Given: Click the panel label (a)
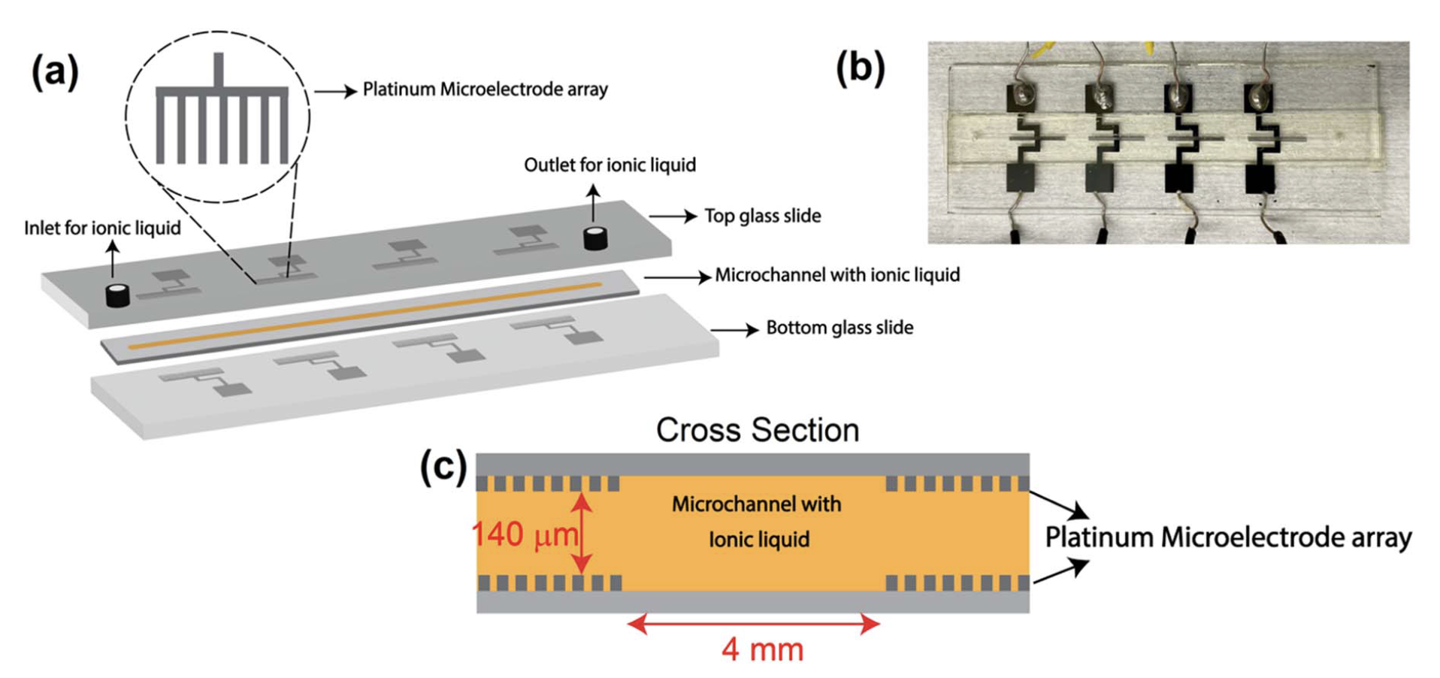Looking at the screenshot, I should (x=54, y=73).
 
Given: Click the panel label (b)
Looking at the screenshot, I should (x=861, y=68).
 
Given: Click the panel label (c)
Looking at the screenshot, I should (x=443, y=467).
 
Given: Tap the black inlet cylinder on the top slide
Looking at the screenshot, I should (x=117, y=295).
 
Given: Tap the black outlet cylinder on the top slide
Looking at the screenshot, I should (x=595, y=238).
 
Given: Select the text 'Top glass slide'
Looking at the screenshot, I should (x=762, y=216).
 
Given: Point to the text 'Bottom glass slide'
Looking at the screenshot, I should (x=839, y=328).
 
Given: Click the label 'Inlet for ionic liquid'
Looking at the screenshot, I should (x=102, y=229).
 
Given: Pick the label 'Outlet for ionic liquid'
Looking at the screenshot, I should (x=610, y=165).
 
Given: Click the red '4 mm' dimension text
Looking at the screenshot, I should (x=762, y=649).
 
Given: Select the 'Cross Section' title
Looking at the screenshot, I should (x=757, y=431).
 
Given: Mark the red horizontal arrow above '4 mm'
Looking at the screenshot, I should (x=753, y=623).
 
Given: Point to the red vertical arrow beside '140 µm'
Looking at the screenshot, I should (x=582, y=533).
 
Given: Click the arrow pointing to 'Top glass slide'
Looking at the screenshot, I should (x=673, y=216).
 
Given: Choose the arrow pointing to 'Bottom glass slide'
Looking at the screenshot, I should (x=734, y=329).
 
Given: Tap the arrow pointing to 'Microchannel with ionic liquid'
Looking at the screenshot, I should (x=677, y=277).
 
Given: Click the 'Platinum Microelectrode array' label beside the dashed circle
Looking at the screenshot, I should (x=485, y=89).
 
